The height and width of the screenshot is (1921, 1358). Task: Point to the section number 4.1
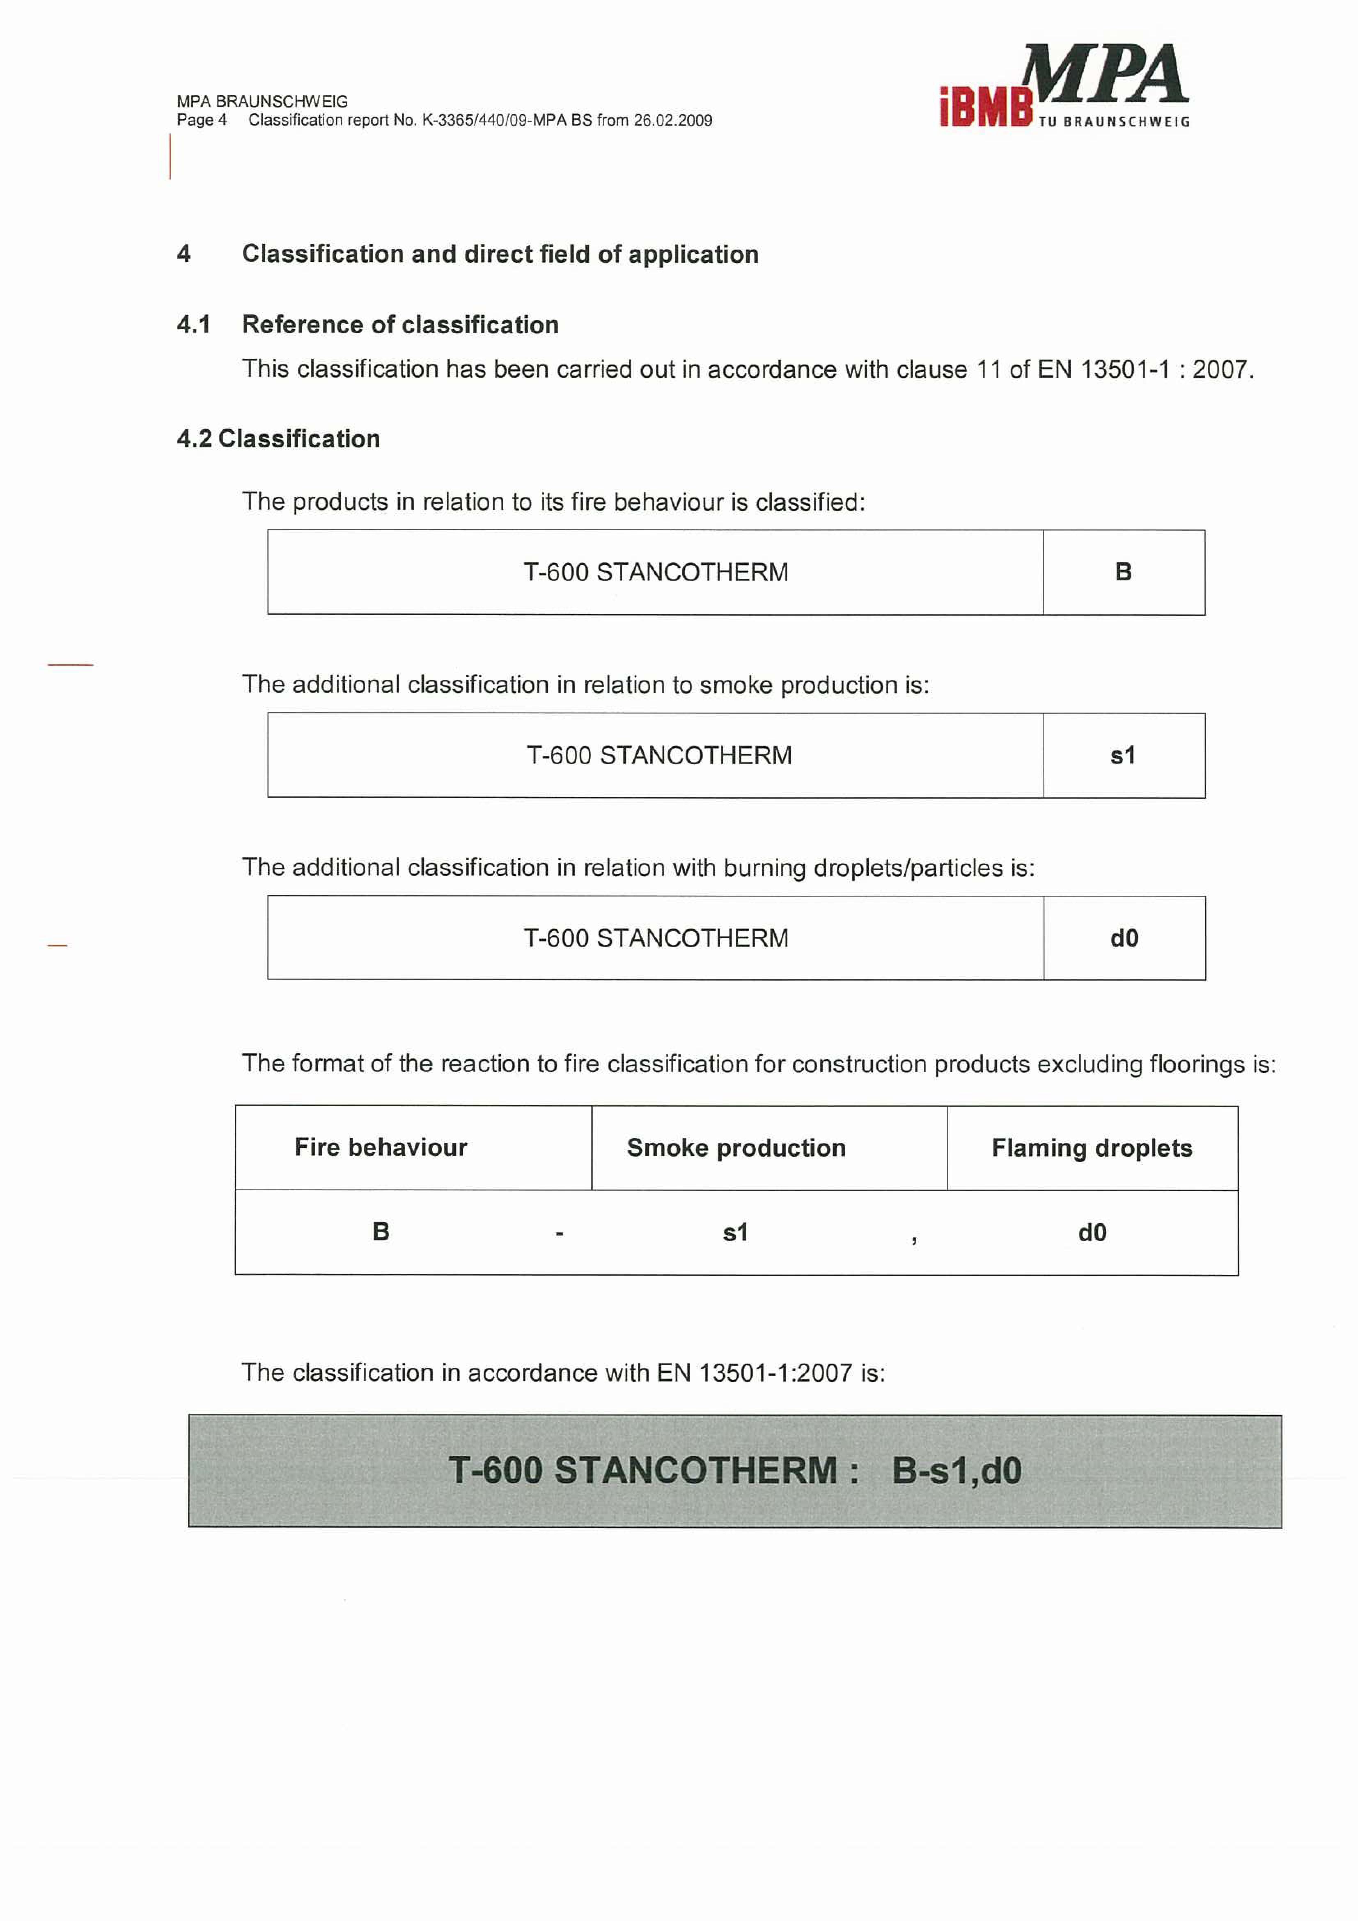(193, 325)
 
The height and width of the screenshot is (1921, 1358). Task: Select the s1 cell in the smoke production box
(1123, 756)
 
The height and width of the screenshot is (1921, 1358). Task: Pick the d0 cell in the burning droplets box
(1124, 938)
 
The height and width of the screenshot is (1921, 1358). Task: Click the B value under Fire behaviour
(381, 1232)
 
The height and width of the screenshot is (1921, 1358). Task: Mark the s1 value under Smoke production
(735, 1233)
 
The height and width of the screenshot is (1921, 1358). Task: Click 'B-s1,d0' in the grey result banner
(956, 1471)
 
